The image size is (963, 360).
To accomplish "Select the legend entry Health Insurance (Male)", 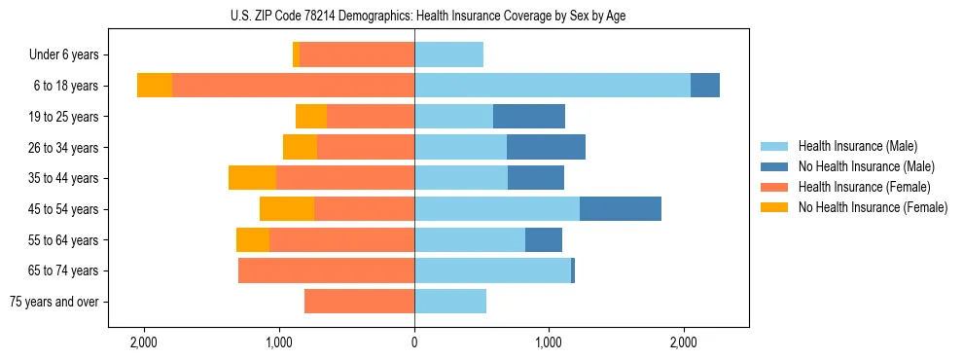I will point(856,146).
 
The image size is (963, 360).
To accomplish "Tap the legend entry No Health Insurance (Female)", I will point(873,207).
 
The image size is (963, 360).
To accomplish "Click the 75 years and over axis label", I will point(54,302).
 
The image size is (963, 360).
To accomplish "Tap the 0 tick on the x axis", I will point(414,342).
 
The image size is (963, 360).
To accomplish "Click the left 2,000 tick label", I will point(144,342).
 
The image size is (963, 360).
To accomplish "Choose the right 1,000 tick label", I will point(549,342).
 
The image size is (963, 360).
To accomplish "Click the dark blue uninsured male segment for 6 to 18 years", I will point(705,86).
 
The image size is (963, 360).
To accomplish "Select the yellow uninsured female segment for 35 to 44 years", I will point(252,178).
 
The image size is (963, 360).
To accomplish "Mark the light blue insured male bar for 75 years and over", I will point(450,302).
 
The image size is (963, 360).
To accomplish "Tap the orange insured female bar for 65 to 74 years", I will point(326,270).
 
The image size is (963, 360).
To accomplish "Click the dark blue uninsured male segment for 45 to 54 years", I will point(621,209).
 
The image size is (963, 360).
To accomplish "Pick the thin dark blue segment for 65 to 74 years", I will point(573,270).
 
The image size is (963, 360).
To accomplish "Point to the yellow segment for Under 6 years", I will point(296,55).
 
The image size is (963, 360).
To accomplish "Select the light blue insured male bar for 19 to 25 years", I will point(453,117).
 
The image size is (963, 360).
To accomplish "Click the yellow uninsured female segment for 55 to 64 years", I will point(253,240).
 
